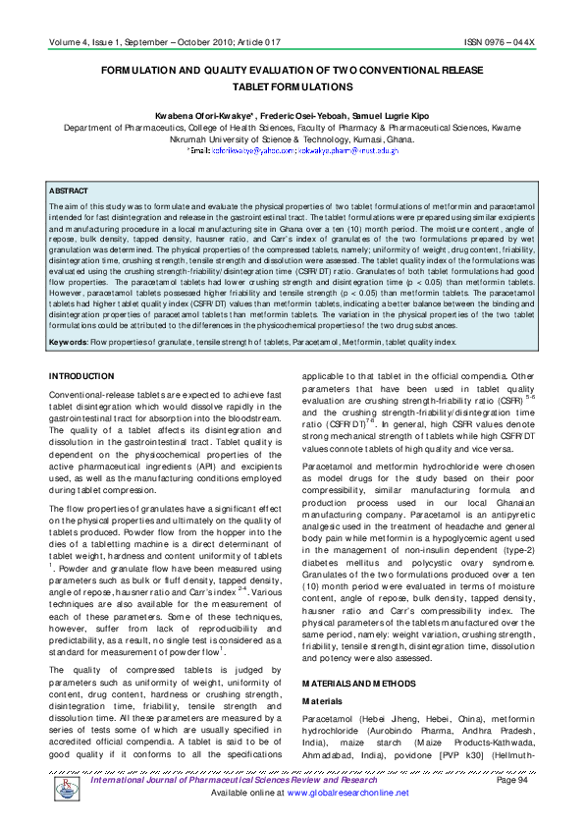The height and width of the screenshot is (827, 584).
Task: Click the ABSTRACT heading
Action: pyautogui.click(x=69, y=191)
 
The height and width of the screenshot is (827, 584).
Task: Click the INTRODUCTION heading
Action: pyautogui.click(x=82, y=349)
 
